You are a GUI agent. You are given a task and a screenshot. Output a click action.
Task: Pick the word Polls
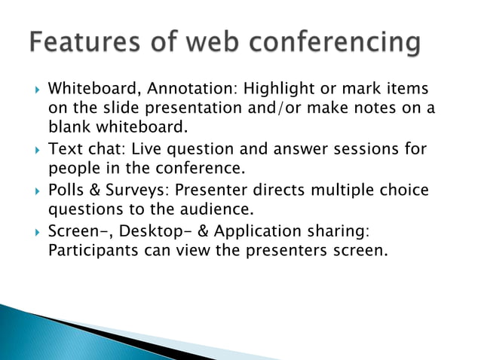(x=69, y=190)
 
